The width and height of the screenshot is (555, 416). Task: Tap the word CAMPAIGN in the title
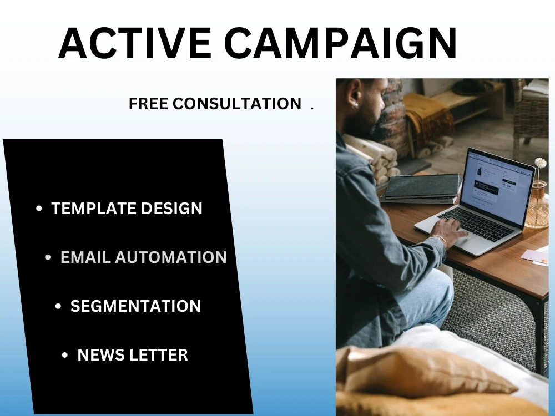pos(340,43)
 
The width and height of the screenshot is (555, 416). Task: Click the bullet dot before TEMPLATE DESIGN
pos(39,209)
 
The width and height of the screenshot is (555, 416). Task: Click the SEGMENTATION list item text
pos(135,306)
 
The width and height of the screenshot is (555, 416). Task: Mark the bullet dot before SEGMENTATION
pos(59,307)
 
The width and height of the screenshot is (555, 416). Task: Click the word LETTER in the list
pos(160,355)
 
